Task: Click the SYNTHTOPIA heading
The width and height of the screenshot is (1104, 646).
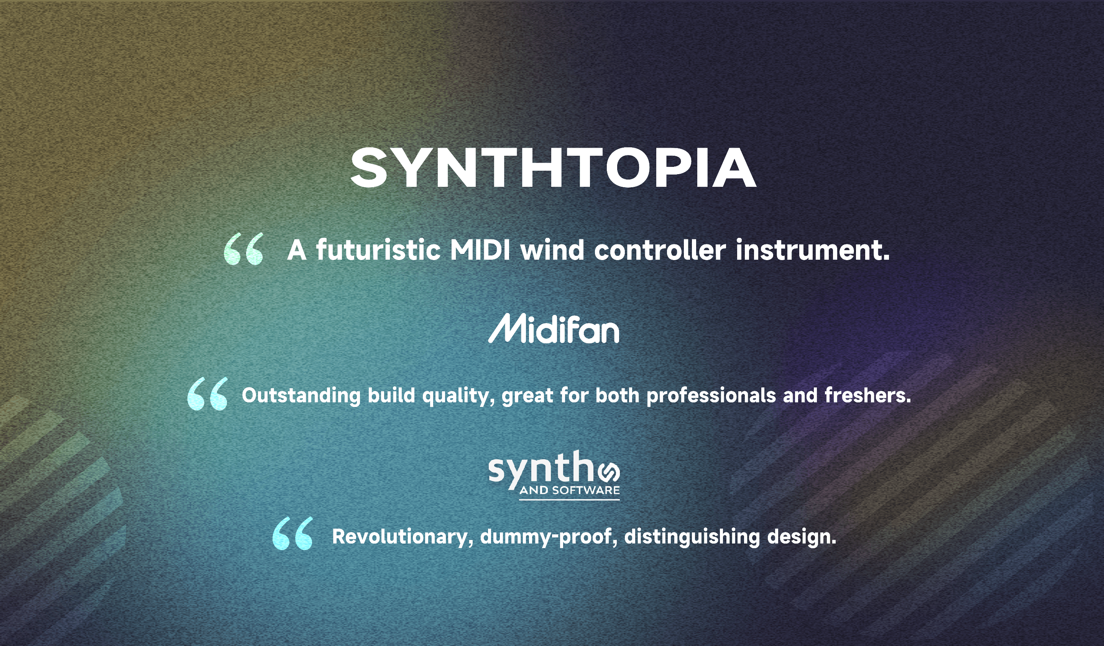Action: tap(553, 168)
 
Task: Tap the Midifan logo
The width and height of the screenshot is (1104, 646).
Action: tap(554, 328)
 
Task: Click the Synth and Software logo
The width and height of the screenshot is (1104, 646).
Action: tap(554, 475)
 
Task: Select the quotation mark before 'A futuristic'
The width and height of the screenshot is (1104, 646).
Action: tap(243, 249)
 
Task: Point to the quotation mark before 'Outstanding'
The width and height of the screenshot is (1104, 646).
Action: tap(207, 393)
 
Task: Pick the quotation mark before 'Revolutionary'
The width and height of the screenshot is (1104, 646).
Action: tap(292, 533)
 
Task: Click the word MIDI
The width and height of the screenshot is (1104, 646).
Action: tap(480, 250)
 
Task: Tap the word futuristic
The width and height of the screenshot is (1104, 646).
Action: tap(378, 250)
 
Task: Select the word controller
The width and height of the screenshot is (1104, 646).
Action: tap(660, 250)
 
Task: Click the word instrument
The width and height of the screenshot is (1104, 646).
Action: tap(813, 250)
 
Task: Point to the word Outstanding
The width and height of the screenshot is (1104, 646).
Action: tap(301, 396)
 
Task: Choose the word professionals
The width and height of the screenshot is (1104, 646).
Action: tap(711, 396)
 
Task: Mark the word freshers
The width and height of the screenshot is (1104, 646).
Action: tap(868, 396)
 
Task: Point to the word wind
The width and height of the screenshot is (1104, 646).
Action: tap(552, 250)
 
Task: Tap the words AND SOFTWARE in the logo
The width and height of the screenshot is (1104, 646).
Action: tap(570, 490)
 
